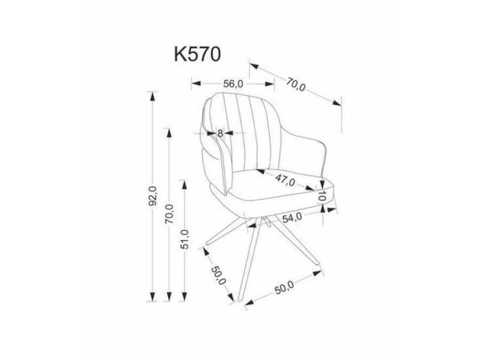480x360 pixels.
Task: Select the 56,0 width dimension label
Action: coord(233,83)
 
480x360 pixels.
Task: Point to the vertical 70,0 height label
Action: coord(170,214)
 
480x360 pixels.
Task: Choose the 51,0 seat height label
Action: coord(185,241)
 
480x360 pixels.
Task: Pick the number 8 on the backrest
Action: coord(219,133)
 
